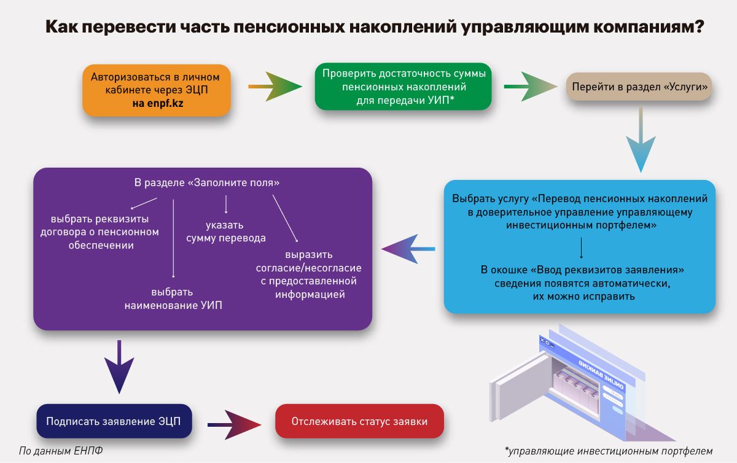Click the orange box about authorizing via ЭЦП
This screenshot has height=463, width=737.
pyautogui.click(x=156, y=90)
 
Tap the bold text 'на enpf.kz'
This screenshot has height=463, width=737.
pyautogui.click(x=158, y=103)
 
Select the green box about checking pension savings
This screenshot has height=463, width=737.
pyautogui.click(x=404, y=86)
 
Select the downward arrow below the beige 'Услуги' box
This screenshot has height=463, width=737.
pyautogui.click(x=641, y=141)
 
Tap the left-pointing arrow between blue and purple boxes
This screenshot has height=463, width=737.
pyautogui.click(x=408, y=249)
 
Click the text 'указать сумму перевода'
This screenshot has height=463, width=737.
pyautogui.click(x=226, y=231)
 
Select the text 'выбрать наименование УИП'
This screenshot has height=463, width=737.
pyautogui.click(x=173, y=298)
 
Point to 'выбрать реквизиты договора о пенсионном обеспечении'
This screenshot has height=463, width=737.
pyautogui.click(x=99, y=232)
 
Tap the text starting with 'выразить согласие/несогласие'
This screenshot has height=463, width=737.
pyautogui.click(x=309, y=274)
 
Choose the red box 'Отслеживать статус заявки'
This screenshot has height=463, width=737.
pyautogui.click(x=359, y=421)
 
